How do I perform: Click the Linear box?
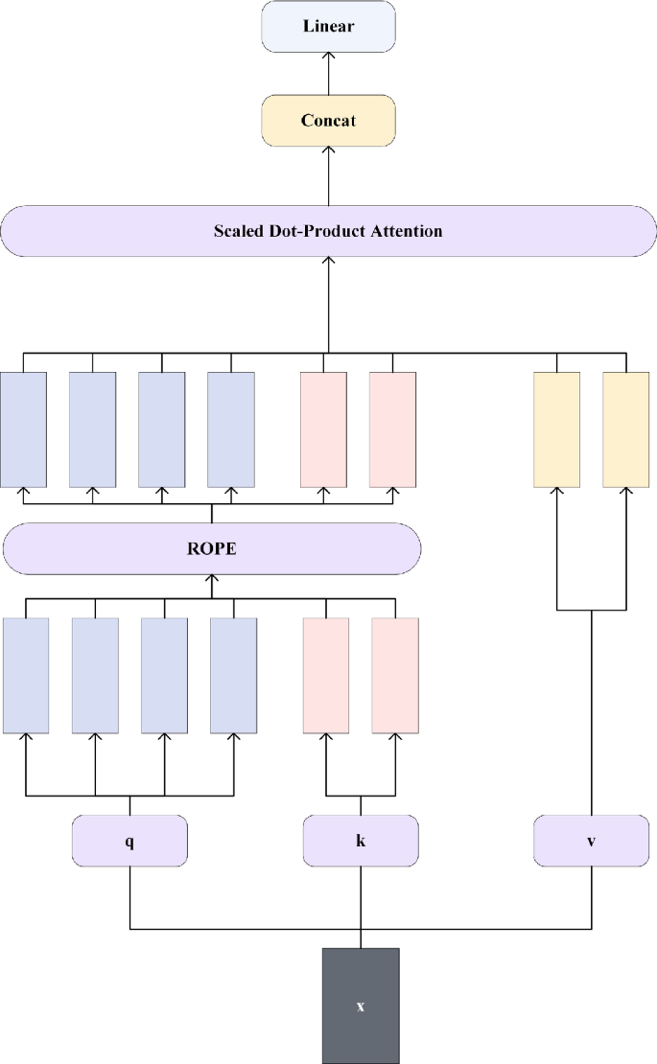(x=328, y=26)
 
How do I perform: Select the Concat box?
(x=328, y=121)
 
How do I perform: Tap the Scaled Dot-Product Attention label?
(x=328, y=231)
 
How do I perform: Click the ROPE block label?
(x=212, y=548)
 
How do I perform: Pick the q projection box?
(x=129, y=841)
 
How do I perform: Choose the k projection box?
(x=361, y=841)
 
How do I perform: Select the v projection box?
(x=591, y=841)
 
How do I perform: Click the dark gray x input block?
(x=361, y=1006)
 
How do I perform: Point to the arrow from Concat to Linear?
(x=328, y=73)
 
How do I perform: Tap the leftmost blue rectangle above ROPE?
(x=24, y=428)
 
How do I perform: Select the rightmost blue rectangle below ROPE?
(x=234, y=676)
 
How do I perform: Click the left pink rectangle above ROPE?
(x=323, y=428)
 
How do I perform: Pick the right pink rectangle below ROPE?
(x=395, y=676)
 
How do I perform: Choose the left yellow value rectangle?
(x=556, y=428)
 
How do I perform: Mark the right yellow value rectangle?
(x=625, y=428)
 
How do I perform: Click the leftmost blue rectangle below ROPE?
(x=27, y=676)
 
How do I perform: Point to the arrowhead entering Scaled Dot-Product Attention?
(x=328, y=262)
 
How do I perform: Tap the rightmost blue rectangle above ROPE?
(x=231, y=428)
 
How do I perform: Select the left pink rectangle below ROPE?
(x=326, y=676)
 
